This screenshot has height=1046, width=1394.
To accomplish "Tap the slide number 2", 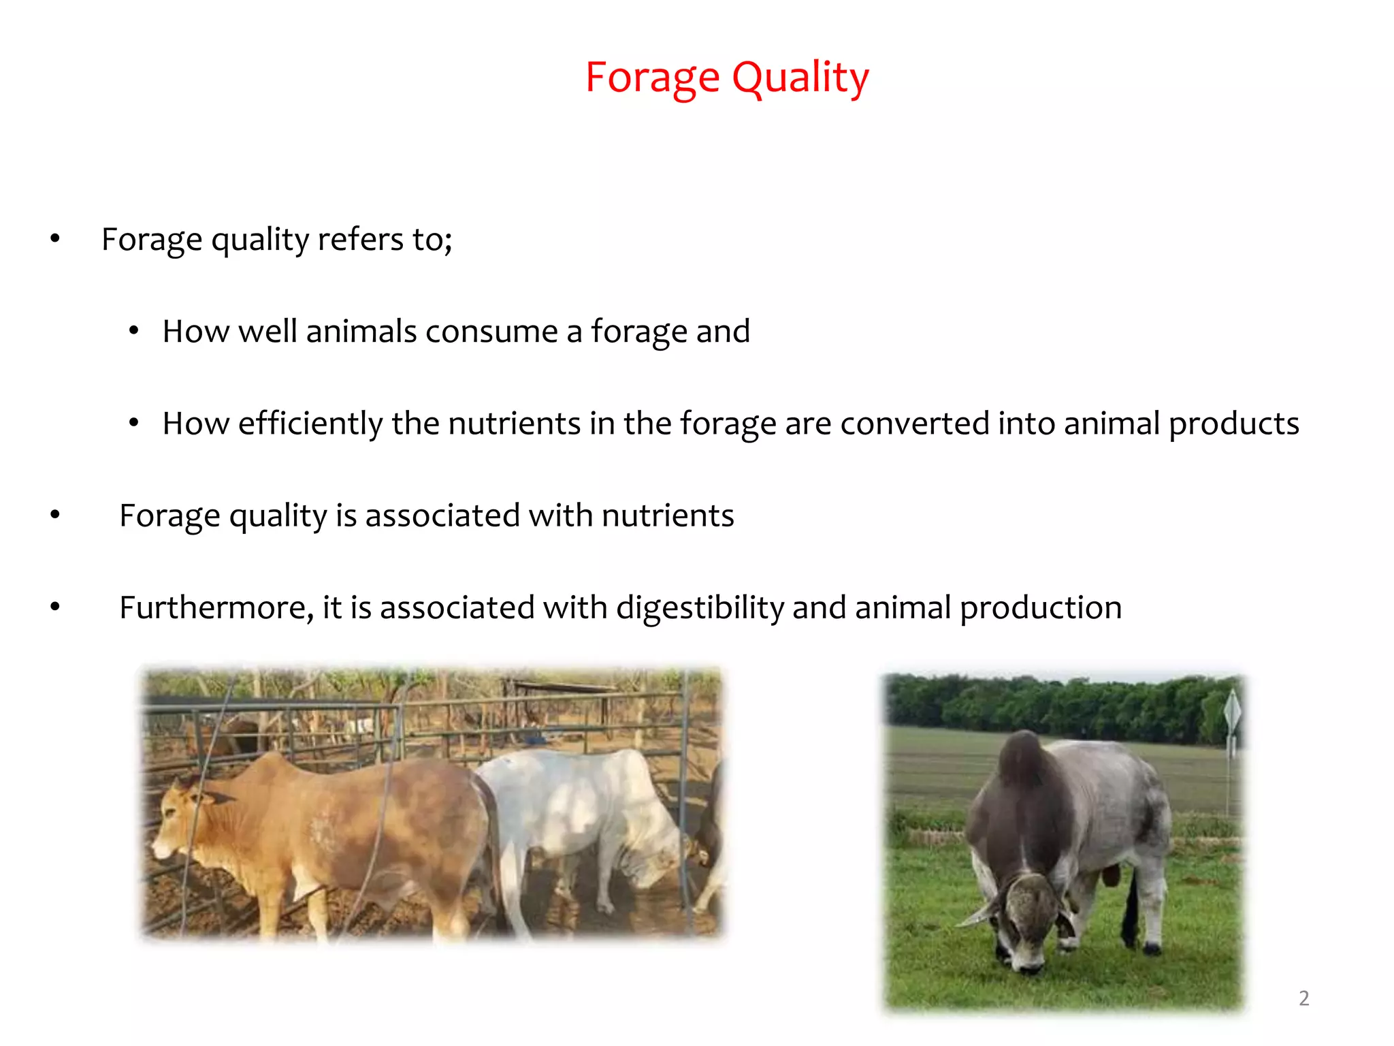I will point(1303,998).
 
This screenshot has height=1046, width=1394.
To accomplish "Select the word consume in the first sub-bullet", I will point(491,332).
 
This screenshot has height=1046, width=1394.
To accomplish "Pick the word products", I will point(1233,424).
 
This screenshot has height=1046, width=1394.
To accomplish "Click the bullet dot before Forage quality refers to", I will point(55,239).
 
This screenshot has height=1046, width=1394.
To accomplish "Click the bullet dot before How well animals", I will point(134,332).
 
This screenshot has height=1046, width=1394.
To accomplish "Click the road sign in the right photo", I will point(1232,712).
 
